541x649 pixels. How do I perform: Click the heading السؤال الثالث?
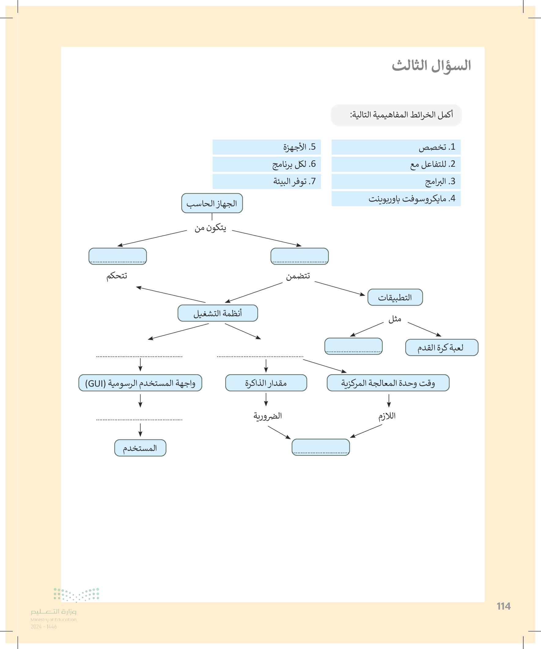431,66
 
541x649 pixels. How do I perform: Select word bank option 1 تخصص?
396,147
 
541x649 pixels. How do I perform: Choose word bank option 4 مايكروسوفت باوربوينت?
396,199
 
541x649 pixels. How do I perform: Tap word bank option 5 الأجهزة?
267,147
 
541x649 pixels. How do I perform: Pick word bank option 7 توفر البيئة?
267,181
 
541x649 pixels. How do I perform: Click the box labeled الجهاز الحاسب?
212,203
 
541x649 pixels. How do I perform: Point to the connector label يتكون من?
210,228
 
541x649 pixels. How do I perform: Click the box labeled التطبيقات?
395,297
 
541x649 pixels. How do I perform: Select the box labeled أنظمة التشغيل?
217,313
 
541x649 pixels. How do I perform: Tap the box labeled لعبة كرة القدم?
441,348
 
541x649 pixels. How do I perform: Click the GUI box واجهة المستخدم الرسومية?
140,383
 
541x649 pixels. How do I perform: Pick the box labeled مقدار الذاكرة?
266,383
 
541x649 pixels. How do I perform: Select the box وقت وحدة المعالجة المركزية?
388,383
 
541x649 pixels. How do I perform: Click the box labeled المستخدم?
140,448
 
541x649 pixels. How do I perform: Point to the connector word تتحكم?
117,276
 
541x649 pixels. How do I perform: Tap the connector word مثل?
395,319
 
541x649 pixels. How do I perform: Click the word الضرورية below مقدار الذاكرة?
267,416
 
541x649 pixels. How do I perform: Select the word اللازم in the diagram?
387,416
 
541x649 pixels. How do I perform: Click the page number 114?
504,606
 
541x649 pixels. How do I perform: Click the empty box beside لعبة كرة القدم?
353,346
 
